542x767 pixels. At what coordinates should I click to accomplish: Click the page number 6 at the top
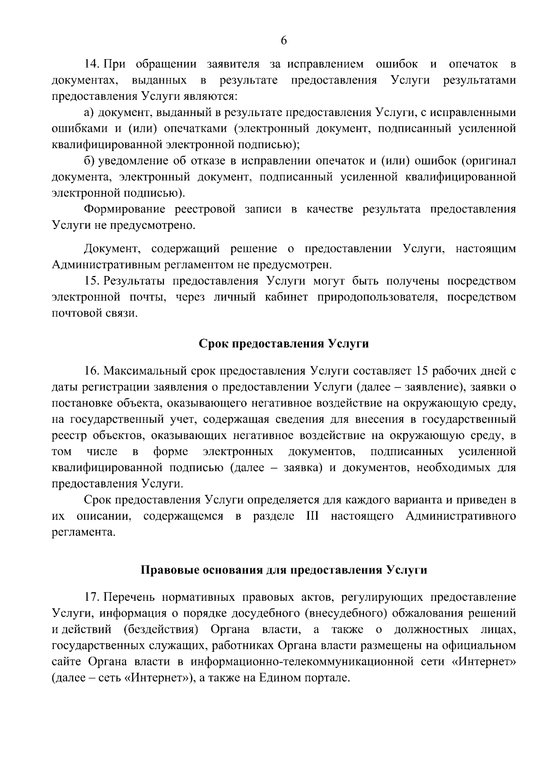coord(284,41)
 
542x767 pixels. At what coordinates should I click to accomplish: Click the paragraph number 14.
coord(92,64)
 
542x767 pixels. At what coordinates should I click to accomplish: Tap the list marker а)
coord(89,112)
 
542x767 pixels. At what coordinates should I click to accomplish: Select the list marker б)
coord(89,161)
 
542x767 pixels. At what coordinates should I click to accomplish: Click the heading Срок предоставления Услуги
coord(284,344)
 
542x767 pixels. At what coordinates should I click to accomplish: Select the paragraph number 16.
coord(92,371)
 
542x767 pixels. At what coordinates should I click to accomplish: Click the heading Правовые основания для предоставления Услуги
coord(284,570)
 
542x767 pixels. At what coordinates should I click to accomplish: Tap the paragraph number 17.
coord(92,597)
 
